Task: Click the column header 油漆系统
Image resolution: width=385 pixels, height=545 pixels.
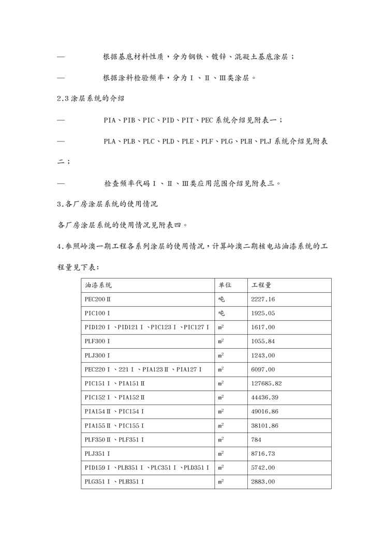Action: click(x=98, y=285)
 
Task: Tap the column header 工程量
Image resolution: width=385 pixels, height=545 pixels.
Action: click(x=261, y=285)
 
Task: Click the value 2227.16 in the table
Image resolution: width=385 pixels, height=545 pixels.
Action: click(x=262, y=299)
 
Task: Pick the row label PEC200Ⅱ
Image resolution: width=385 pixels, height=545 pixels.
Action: click(x=98, y=299)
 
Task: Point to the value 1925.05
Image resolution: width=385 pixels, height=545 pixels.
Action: click(x=262, y=313)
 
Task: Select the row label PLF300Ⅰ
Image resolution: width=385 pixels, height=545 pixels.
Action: click(x=97, y=341)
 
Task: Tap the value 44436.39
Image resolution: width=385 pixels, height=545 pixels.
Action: click(x=264, y=397)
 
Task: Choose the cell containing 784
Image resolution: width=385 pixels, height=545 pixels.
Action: click(x=256, y=440)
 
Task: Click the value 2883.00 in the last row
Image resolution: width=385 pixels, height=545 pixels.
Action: click(x=262, y=482)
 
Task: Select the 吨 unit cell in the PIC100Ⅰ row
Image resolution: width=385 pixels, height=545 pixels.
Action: click(x=221, y=313)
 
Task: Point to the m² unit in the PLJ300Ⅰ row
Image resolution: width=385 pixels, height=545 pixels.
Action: click(x=221, y=355)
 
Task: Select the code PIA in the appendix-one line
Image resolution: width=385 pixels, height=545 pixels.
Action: click(x=109, y=120)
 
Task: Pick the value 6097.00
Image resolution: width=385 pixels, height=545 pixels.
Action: click(x=262, y=369)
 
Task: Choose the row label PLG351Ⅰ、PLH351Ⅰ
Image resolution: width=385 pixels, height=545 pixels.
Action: click(x=114, y=482)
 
